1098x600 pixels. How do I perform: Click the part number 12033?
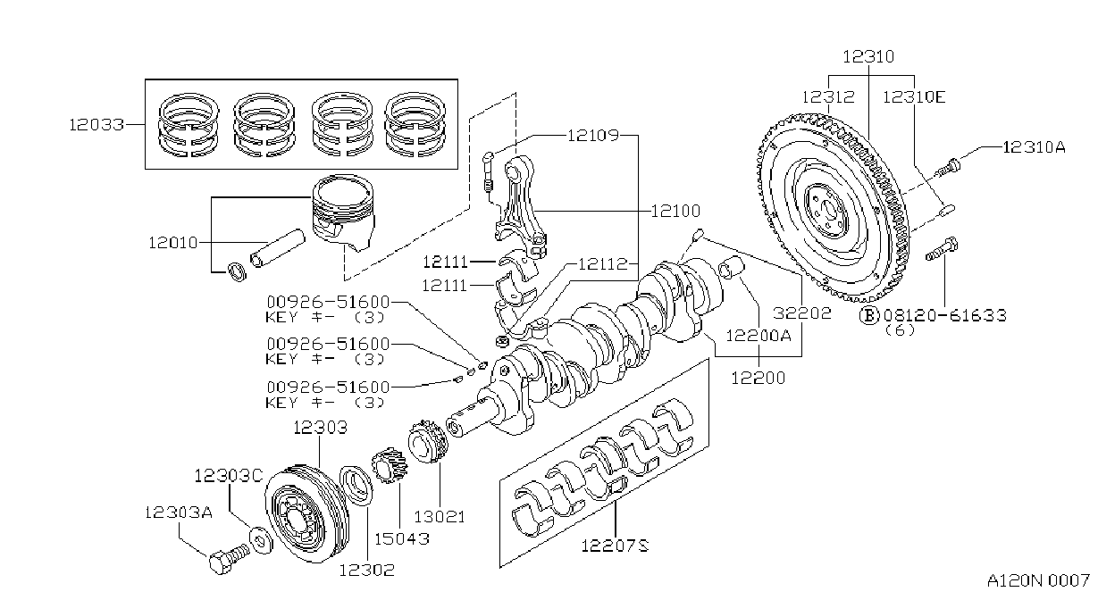(x=96, y=125)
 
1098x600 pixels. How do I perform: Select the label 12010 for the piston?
(x=173, y=243)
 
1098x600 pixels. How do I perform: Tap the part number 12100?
(x=675, y=211)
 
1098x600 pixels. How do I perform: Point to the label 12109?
(x=593, y=135)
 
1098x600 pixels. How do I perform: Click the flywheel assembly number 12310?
(x=868, y=57)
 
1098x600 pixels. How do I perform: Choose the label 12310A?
(x=1034, y=147)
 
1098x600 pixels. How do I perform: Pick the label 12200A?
(x=759, y=336)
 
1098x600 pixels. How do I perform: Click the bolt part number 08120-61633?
(x=945, y=315)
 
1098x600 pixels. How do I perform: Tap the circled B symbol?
(x=869, y=315)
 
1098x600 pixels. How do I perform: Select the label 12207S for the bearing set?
(x=616, y=546)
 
